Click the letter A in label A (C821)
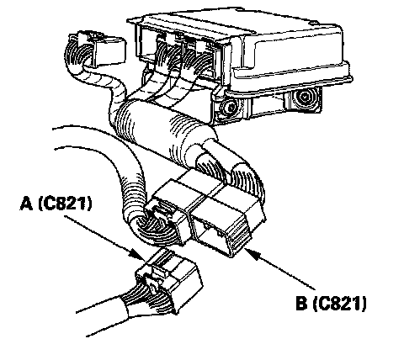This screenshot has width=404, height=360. (27, 203)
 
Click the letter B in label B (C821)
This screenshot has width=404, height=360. (301, 303)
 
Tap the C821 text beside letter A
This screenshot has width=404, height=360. (65, 204)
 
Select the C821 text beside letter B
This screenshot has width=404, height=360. (339, 304)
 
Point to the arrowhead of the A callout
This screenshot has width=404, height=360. (138, 255)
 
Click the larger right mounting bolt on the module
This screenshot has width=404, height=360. (305, 98)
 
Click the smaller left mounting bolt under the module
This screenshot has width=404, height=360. (231, 107)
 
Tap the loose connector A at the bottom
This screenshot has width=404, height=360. (169, 280)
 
